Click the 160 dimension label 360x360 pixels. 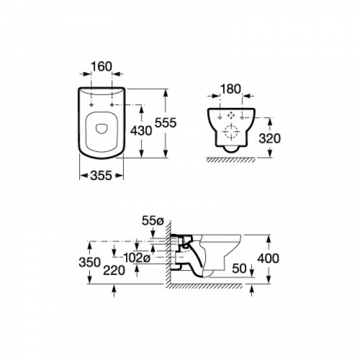(x=102, y=66)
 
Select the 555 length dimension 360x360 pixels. (x=166, y=123)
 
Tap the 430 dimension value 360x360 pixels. (x=141, y=131)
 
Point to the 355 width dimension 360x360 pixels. (x=102, y=176)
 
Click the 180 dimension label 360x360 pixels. (x=230, y=89)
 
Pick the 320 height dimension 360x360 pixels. (x=270, y=138)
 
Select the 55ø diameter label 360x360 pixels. (x=153, y=221)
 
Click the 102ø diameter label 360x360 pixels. (x=137, y=258)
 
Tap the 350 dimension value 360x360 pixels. (x=89, y=262)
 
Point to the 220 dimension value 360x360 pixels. (x=114, y=271)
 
